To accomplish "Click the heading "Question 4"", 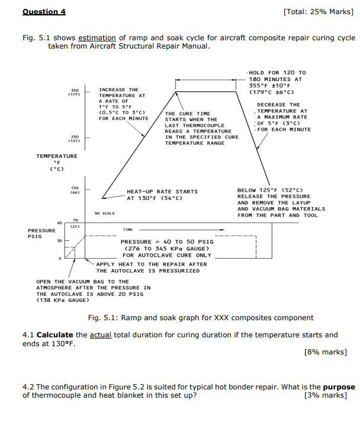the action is click(x=44, y=12).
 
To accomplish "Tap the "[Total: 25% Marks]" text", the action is click(x=319, y=12).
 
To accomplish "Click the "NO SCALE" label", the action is click(x=104, y=213).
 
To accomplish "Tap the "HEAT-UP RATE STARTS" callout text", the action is click(x=162, y=192).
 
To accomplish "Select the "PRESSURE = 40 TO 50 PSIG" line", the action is click(x=167, y=241).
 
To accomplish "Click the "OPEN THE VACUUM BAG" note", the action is click(x=82, y=282).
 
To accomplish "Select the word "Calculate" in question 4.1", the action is click(x=55, y=335).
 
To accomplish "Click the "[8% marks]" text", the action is click(x=325, y=352).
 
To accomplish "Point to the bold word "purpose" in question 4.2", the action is click(x=339, y=387).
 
